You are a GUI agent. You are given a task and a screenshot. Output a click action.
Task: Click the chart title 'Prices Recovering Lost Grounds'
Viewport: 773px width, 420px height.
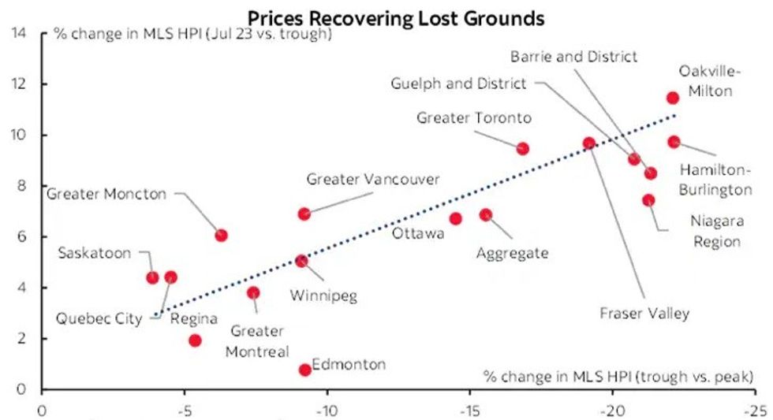point(395,17)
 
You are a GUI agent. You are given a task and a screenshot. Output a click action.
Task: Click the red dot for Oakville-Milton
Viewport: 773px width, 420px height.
point(672,98)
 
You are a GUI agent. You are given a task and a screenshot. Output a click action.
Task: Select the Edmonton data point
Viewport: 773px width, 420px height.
point(305,370)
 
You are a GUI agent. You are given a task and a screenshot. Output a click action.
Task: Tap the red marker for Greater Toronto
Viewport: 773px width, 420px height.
point(522,148)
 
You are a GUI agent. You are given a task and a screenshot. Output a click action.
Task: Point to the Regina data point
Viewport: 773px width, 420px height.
point(195,340)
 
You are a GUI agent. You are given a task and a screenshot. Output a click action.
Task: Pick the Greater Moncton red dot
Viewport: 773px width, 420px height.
point(222,235)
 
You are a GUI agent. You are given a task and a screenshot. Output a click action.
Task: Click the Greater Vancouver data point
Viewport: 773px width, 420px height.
point(304,214)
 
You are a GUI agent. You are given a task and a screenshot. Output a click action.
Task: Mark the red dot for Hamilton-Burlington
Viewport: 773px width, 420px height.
point(674,142)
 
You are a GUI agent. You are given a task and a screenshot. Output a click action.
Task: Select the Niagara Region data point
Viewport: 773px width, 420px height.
point(648,200)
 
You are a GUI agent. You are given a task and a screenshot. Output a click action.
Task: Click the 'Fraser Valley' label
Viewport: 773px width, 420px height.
point(644,313)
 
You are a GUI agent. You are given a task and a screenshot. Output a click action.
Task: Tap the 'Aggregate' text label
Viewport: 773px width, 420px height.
point(512,254)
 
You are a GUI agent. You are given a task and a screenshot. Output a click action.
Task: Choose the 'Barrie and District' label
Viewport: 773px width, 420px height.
point(573,56)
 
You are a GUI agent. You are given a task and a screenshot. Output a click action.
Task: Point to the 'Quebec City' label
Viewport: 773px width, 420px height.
point(99,319)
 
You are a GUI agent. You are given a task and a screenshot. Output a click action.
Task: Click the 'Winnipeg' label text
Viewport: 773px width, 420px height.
point(323,296)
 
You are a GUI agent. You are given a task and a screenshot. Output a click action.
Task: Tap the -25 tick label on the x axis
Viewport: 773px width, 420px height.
point(755,410)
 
